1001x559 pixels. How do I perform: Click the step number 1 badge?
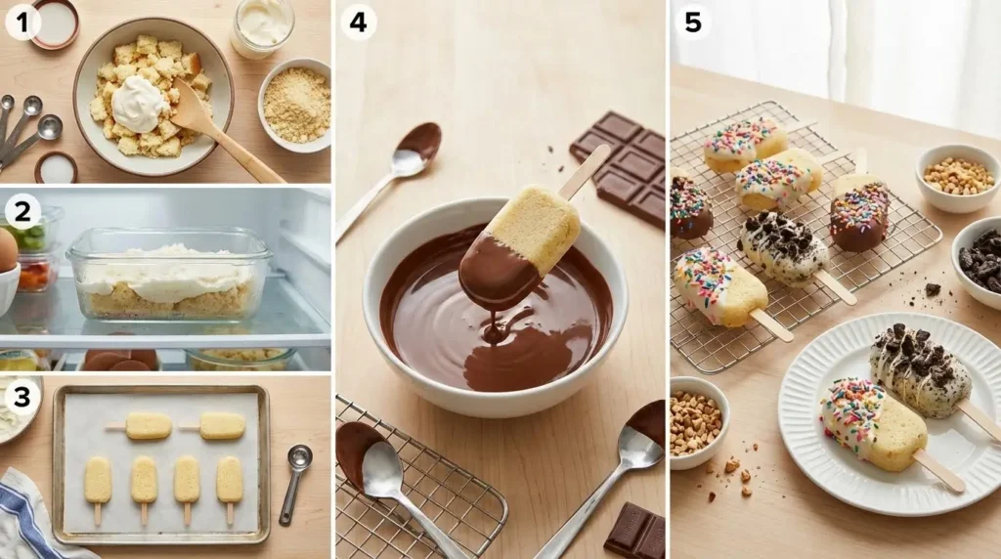click(23, 23)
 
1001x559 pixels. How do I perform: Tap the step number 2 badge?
click(23, 212)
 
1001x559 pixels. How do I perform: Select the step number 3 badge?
click(23, 396)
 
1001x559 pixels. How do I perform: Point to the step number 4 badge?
click(358, 23)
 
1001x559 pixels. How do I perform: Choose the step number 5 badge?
click(693, 23)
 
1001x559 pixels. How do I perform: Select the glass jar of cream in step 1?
click(262, 27)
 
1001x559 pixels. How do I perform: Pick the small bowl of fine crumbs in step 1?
click(295, 106)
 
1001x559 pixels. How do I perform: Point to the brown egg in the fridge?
click(8, 251)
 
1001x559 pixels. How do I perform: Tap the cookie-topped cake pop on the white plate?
click(921, 371)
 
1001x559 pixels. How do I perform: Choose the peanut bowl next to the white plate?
click(697, 422)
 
